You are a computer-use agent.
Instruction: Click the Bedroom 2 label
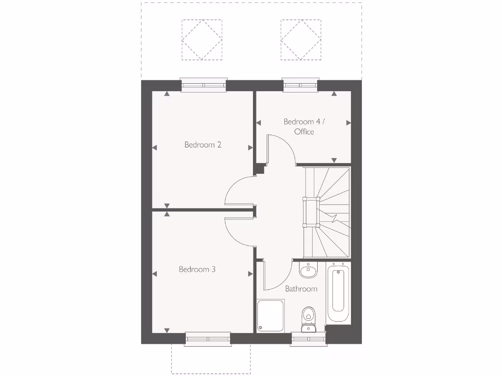pos(203,145)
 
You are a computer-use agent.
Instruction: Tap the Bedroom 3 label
pos(197,269)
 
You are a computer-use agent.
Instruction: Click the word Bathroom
pos(301,289)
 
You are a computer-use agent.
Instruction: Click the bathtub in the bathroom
pos(338,293)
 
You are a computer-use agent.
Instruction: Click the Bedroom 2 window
pos(204,85)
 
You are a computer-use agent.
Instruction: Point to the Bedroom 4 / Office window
pos(301,85)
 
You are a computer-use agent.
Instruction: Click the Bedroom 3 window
pos(208,339)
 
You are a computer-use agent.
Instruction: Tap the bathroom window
pos(308,339)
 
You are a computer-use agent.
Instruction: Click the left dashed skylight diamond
pos(201,40)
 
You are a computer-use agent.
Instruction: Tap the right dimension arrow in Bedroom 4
pos(349,122)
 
